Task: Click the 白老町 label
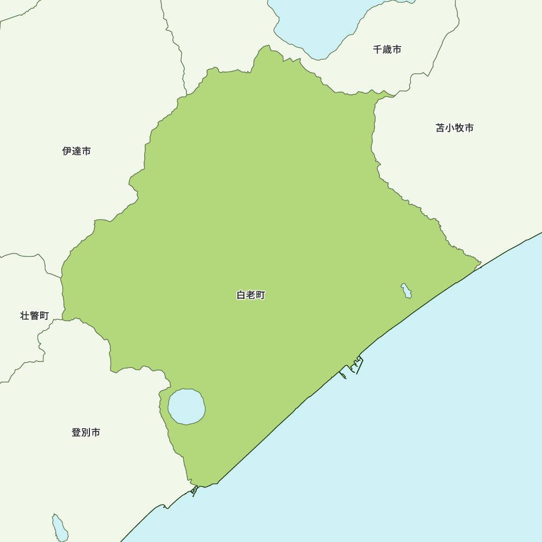point(251,295)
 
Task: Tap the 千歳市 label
point(387,49)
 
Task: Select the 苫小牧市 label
point(455,128)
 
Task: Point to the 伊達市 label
point(76,151)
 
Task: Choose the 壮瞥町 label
point(35,315)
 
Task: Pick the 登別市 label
point(86,433)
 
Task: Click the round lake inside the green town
point(186,406)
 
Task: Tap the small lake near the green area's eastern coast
point(406,291)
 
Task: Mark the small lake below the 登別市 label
point(60,528)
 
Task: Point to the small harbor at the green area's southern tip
point(195,491)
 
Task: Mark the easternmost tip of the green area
point(480,264)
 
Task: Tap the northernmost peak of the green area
point(267,47)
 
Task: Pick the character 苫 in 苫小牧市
point(440,128)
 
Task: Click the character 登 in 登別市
point(76,433)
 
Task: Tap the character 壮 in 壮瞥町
point(25,315)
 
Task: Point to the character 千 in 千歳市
point(377,49)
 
